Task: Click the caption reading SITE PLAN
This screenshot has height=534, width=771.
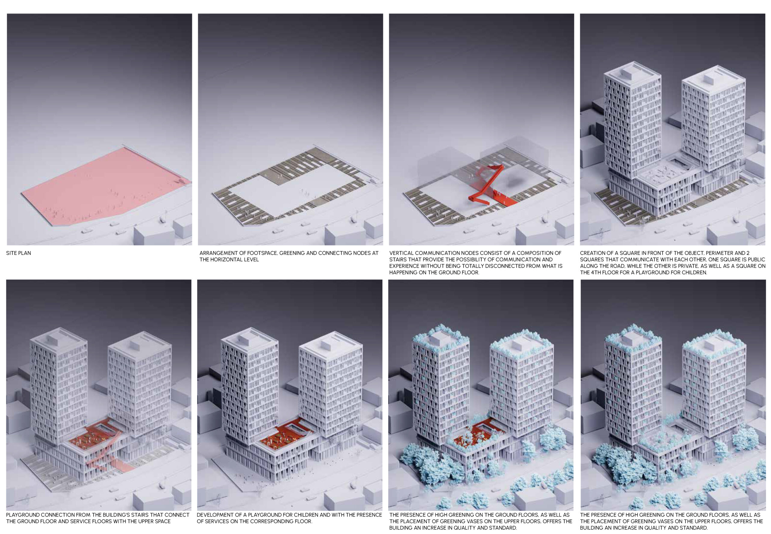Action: coord(19,253)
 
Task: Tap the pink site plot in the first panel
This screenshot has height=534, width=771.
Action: coord(107,187)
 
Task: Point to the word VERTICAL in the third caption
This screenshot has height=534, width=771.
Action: coord(401,253)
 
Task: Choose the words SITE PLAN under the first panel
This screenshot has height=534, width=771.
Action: coord(19,253)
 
